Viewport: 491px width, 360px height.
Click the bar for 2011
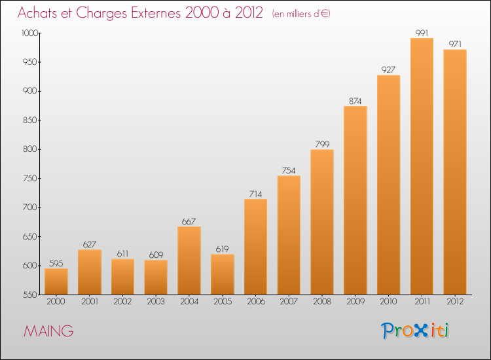422,166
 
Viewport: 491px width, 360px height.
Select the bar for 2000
56,281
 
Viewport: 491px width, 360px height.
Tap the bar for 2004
189,261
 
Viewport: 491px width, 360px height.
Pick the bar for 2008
322,222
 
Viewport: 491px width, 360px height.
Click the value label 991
422,33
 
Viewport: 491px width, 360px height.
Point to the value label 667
189,222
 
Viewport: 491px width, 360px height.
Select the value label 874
355,101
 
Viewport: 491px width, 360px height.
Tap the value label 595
56,264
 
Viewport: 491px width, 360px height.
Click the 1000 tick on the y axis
29,33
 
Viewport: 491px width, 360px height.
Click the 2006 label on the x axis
256,302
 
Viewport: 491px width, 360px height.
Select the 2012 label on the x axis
455,302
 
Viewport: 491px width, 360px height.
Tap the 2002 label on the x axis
122,302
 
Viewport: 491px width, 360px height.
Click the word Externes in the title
156,13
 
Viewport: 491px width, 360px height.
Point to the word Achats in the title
37,13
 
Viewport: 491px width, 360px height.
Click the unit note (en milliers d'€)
301,14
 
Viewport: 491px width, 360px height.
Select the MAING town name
48,331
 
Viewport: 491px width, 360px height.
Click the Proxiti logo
415,331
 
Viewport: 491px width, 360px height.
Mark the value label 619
222,249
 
